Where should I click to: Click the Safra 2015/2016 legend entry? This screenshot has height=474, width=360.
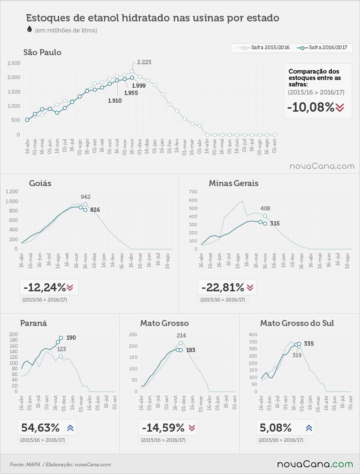click(264, 48)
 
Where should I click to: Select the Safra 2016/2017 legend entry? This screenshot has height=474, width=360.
click(322, 48)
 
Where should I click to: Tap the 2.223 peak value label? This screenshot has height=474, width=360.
click(144, 62)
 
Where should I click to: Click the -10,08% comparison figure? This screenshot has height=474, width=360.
click(311, 107)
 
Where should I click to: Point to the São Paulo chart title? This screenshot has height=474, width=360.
click(42, 53)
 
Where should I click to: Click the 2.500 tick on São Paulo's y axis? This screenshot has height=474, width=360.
click(14, 63)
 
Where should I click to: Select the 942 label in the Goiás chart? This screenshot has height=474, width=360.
click(86, 197)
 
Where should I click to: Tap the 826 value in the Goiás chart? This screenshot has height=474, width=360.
click(95, 210)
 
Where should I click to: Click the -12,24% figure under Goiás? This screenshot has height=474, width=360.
click(45, 287)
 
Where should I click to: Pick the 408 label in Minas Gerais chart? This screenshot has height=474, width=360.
click(265, 209)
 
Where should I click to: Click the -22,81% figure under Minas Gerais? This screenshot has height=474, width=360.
click(223, 287)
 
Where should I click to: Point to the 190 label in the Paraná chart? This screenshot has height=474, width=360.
click(71, 338)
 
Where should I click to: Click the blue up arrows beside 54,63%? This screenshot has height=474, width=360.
click(70, 428)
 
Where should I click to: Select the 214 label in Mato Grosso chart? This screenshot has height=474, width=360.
click(181, 335)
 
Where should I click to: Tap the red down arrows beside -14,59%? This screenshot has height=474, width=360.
click(192, 428)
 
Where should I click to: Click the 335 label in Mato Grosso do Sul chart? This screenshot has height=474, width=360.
click(309, 344)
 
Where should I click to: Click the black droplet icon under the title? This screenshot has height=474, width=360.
click(30, 29)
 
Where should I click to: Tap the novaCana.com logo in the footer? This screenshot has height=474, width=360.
click(315, 464)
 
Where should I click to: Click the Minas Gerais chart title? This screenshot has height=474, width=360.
click(234, 184)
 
